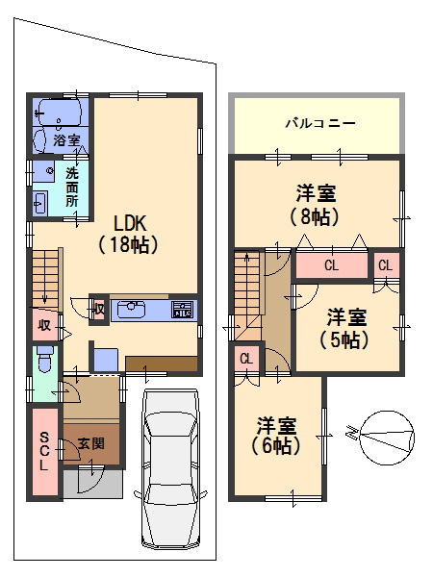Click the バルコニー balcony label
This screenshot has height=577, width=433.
click(321, 124)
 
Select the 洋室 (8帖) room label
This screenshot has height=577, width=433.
click(315, 205)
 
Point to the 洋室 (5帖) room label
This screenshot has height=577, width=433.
click(344, 327)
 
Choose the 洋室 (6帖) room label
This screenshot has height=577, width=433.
click(276, 435)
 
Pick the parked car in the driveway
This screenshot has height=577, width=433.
click(170, 471)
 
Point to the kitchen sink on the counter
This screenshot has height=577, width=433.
click(132, 310)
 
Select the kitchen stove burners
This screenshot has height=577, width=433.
click(182, 310)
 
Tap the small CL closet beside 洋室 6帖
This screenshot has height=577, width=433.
click(245, 359)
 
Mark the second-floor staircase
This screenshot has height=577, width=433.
click(247, 284)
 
